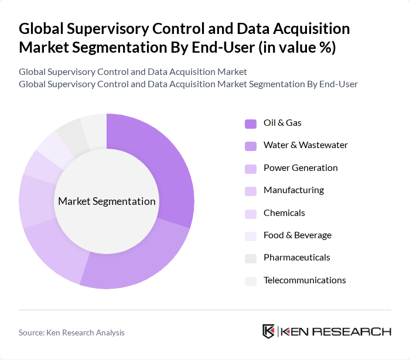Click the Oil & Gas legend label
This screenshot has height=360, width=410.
282,123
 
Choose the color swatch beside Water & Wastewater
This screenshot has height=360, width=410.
250,146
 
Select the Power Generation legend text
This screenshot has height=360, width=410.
300,168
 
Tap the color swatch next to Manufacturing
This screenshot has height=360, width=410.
250,191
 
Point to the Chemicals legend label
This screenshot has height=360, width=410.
284,213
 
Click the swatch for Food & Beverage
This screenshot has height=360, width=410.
250,236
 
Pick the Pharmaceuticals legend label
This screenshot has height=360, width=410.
297,258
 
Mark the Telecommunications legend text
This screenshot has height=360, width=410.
305,280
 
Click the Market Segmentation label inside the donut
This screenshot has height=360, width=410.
107,201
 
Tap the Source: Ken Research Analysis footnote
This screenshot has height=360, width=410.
71,332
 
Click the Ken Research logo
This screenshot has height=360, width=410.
326,331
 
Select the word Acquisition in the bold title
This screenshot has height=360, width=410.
301,29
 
